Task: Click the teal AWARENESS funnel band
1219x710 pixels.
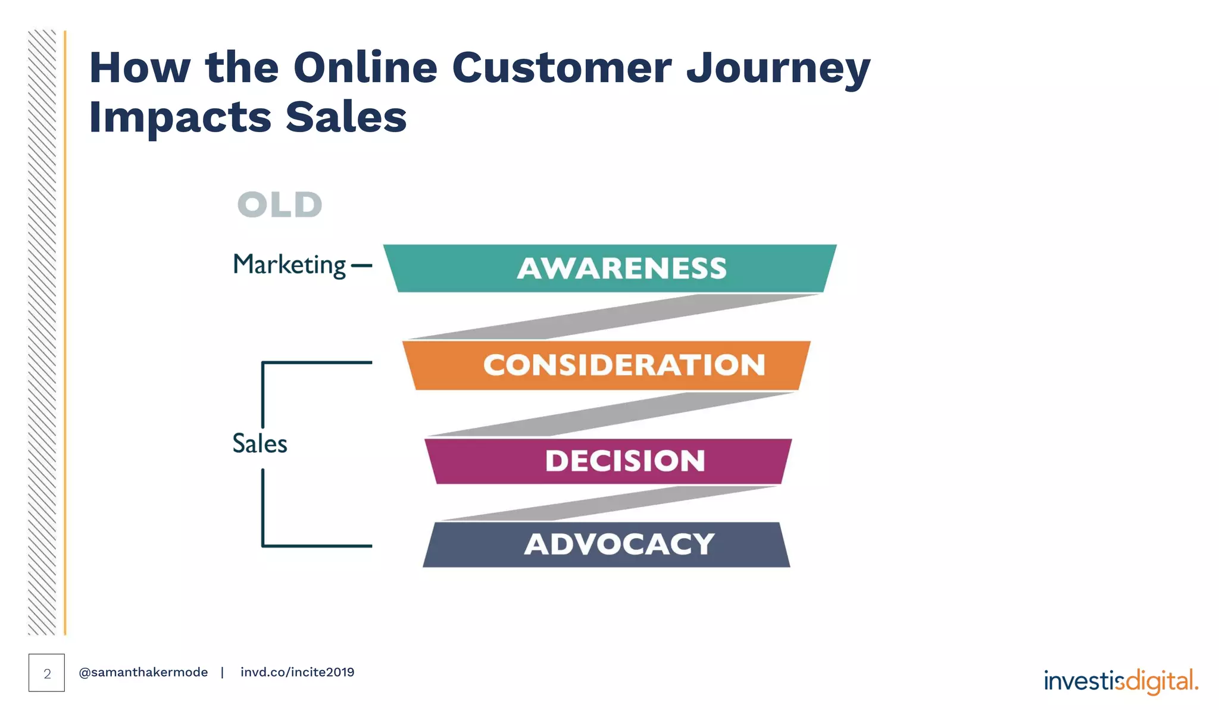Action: [609, 268]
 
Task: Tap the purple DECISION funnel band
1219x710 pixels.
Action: [608, 461]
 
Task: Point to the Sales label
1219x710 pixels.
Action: [260, 444]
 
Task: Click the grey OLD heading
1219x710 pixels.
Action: [280, 205]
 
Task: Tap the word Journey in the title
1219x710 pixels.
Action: [779, 69]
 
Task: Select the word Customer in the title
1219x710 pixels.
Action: [562, 68]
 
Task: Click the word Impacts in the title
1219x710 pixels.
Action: [180, 118]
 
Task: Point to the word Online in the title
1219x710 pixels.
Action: [365, 68]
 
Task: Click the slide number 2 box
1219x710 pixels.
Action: [46, 673]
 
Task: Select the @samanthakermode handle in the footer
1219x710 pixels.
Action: [143, 673]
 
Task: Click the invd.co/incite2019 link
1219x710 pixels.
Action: [297, 673]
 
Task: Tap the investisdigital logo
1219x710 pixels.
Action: [1121, 681]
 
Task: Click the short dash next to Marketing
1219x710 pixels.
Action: [361, 266]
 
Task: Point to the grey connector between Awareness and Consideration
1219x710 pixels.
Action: [613, 317]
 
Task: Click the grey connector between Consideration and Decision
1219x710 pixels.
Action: [613, 414]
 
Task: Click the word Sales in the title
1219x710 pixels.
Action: [346, 118]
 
